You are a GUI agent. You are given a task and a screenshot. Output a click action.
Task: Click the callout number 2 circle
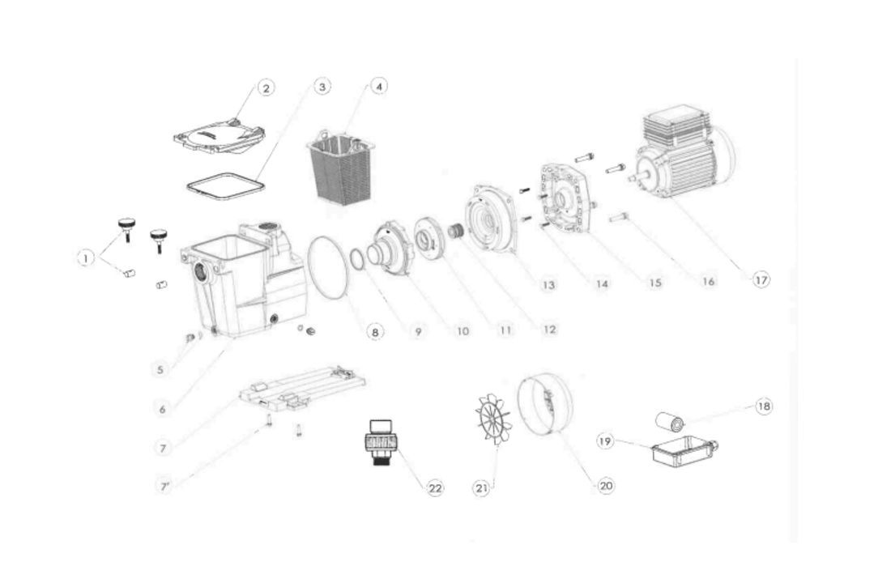pyautogui.click(x=266, y=88)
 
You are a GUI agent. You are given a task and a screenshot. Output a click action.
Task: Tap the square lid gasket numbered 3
pyautogui.click(x=225, y=185)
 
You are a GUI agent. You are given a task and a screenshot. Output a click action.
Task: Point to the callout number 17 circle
pyautogui.click(x=760, y=279)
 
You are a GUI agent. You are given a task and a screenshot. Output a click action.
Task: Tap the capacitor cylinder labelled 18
pyautogui.click(x=671, y=422)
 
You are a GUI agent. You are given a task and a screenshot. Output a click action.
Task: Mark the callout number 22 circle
pyautogui.click(x=435, y=487)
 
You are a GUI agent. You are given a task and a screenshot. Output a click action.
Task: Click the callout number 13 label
pyautogui.click(x=548, y=285)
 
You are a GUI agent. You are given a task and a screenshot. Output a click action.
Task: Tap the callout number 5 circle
pyautogui.click(x=161, y=369)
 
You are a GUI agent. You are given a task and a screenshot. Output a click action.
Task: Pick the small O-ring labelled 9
pyautogui.click(x=356, y=258)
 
